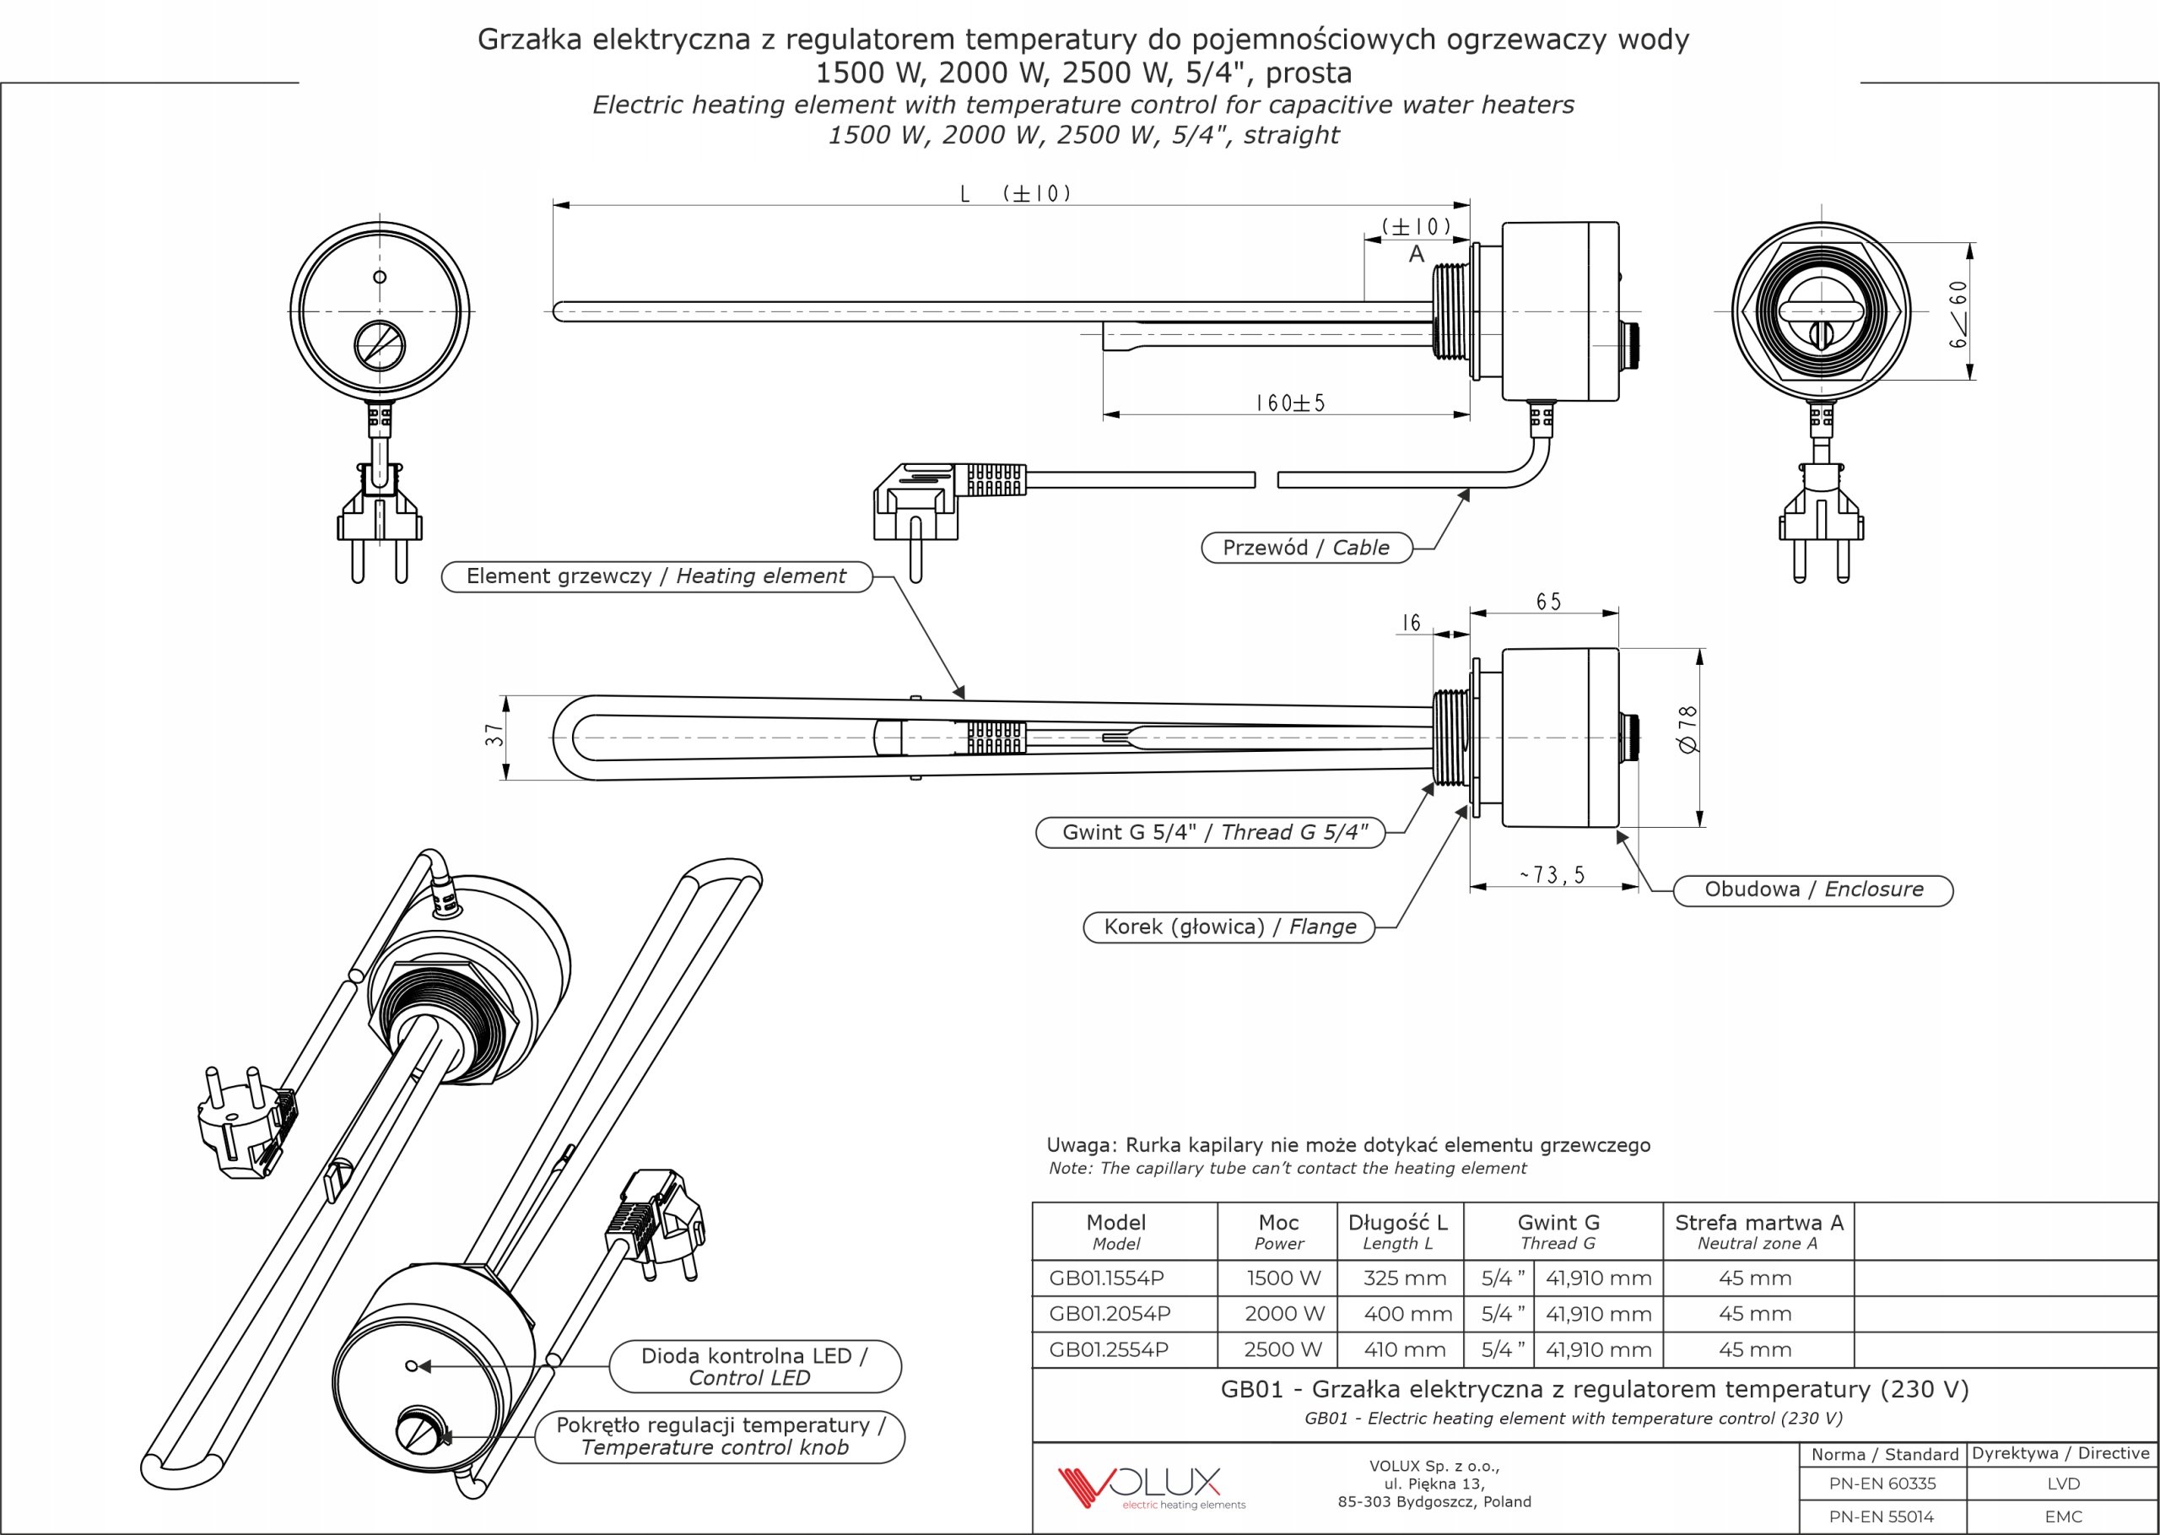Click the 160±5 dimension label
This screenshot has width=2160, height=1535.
(x=1290, y=403)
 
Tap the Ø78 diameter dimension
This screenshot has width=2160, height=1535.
(x=1687, y=729)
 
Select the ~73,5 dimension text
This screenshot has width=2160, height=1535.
(x=1552, y=875)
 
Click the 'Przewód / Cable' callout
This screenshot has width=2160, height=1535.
(x=1306, y=549)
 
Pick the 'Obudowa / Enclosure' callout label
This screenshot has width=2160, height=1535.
(x=1812, y=890)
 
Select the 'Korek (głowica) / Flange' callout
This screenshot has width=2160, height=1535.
(x=1228, y=927)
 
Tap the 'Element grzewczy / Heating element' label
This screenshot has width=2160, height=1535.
(x=656, y=576)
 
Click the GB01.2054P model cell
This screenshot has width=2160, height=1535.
(x=1110, y=1314)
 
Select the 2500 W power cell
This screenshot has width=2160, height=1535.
(x=1282, y=1349)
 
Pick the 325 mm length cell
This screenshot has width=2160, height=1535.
(x=1404, y=1278)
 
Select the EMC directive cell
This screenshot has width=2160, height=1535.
(x=2063, y=1517)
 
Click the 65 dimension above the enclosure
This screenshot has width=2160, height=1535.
(x=1548, y=602)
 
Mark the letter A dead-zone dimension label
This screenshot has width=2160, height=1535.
(x=1416, y=254)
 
